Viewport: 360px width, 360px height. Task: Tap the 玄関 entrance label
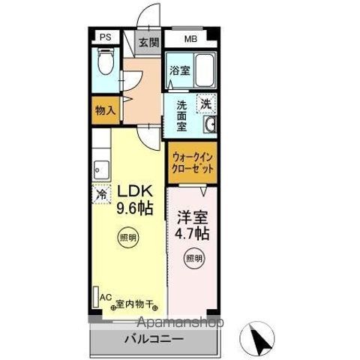146,42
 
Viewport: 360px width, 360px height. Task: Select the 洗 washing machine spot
205,104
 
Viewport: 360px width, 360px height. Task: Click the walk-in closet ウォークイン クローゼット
193,163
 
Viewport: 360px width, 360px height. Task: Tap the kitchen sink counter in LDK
100,166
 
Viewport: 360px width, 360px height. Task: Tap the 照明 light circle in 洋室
193,259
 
